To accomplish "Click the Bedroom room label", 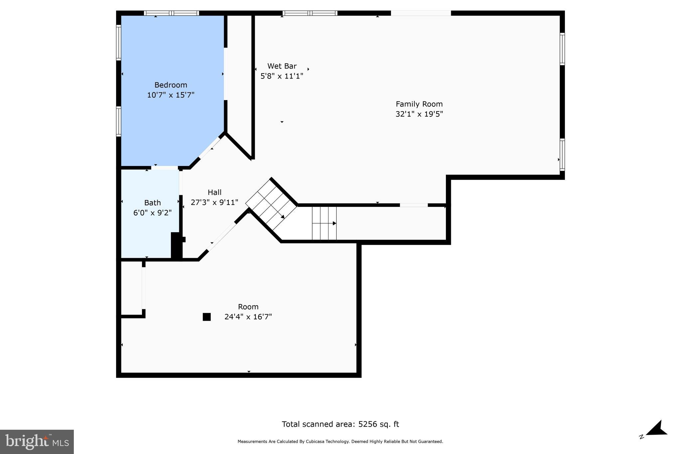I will tap(171, 85).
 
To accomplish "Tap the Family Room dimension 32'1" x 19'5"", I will tap(419, 114).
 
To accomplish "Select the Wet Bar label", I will tap(282, 66).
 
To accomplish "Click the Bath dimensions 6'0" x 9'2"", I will tap(152, 213).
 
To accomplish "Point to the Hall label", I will tap(214, 192).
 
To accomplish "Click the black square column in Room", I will tap(206, 317).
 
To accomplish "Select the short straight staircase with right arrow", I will tap(324, 223).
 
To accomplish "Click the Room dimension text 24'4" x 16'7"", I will tap(248, 317).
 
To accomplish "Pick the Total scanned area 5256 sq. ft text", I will tap(340, 424).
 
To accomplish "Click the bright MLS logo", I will tap(37, 442).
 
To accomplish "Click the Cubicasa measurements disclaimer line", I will tap(340, 442).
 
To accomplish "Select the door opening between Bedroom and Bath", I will tap(165, 168).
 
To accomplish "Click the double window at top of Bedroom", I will tap(172, 13).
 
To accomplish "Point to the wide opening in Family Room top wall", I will tap(421, 13).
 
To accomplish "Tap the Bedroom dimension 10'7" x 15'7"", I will tap(171, 95).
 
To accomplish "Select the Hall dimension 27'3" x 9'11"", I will tap(214, 202).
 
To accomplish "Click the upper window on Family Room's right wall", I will tap(562, 49).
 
